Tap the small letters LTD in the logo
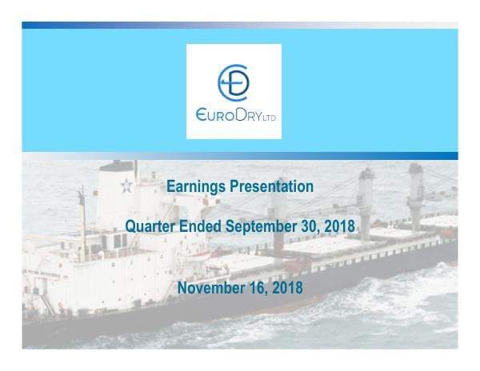click(x=270, y=117)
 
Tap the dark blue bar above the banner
click(x=240, y=25)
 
